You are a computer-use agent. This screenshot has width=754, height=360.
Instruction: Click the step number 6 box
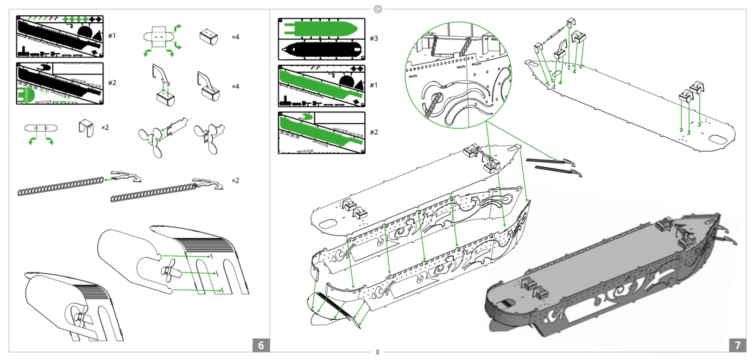pyautogui.click(x=261, y=345)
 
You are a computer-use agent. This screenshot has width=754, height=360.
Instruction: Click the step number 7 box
pyautogui.click(x=737, y=345)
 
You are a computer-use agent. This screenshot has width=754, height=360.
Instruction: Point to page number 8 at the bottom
pyautogui.click(x=377, y=353)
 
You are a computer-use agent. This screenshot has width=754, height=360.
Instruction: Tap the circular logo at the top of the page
pyautogui.click(x=378, y=9)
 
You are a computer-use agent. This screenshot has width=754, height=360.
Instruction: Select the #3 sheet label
pyautogui.click(x=374, y=38)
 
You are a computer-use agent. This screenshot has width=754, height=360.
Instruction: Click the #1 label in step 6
pyautogui.click(x=112, y=36)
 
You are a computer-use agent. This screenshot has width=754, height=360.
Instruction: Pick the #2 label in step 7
pyautogui.click(x=374, y=133)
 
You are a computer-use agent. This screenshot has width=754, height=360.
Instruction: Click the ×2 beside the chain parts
pyautogui.click(x=235, y=181)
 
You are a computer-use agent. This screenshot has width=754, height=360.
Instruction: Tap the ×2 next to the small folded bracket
pyautogui.click(x=105, y=127)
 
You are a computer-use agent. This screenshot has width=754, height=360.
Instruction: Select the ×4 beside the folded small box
pyautogui.click(x=235, y=37)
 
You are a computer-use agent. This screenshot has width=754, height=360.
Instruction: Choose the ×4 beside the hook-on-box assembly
pyautogui.click(x=235, y=87)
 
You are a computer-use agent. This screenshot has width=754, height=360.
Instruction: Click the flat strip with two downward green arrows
pyautogui.click(x=41, y=128)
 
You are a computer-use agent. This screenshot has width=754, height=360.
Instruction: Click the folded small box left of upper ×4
pyautogui.click(x=209, y=37)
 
